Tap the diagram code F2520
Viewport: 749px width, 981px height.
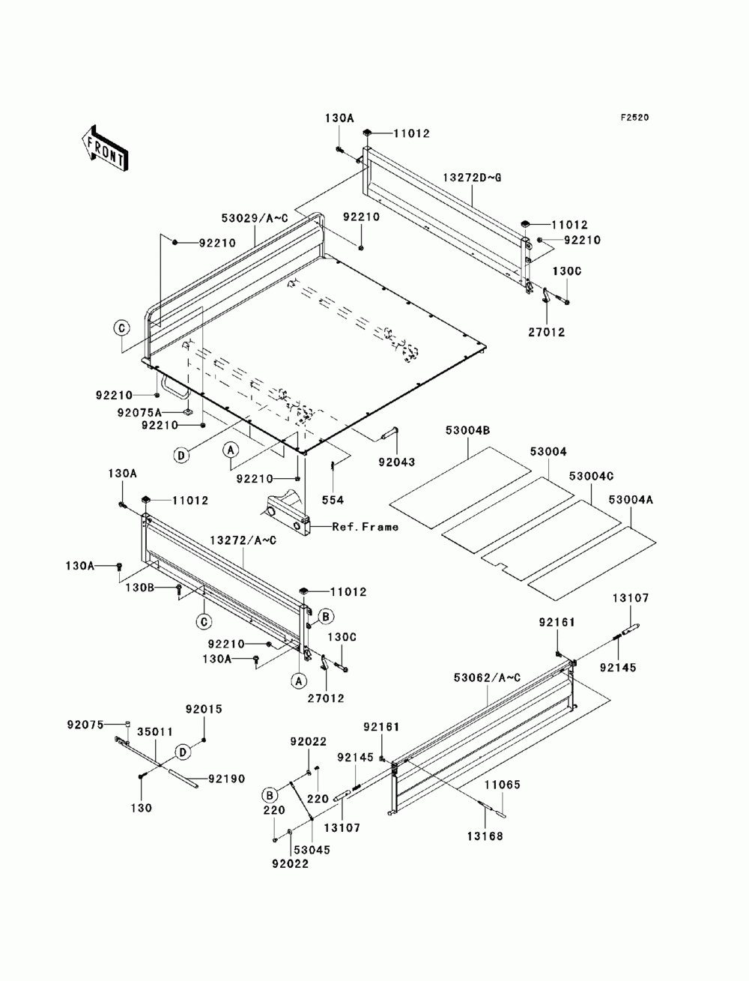634,118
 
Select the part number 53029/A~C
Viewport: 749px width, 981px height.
255,218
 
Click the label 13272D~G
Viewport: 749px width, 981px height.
472,178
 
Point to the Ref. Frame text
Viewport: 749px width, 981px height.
366,527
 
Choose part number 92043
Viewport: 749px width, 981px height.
397,462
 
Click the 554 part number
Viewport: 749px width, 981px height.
333,500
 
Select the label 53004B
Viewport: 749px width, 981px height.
467,430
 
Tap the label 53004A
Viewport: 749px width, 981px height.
631,500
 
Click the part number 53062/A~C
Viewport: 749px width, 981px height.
487,677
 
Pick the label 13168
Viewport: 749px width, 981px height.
485,836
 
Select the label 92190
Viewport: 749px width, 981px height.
227,779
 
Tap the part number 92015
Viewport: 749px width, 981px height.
204,709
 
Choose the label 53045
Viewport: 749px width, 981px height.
312,850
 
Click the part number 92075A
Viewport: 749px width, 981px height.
139,412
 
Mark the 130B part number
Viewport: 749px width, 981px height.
139,588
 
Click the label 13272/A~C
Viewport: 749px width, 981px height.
243,540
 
